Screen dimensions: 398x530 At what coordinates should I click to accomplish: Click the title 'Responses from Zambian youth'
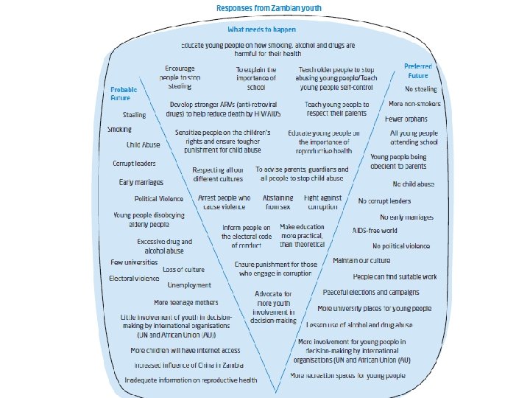(268, 8)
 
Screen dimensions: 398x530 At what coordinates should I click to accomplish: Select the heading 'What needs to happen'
(261, 29)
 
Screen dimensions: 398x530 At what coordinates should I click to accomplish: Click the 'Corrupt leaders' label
(135, 163)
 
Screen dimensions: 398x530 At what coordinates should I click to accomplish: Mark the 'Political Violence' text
(158, 199)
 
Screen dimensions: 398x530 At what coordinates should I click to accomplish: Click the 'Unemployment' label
(189, 284)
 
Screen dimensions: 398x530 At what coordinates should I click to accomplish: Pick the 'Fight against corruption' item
(322, 203)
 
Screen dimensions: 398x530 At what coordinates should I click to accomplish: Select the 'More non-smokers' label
(413, 103)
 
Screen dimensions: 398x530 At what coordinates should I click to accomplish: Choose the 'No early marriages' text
(406, 217)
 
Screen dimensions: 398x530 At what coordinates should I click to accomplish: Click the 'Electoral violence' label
(134, 279)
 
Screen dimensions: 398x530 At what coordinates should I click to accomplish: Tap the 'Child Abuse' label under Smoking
(143, 145)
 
